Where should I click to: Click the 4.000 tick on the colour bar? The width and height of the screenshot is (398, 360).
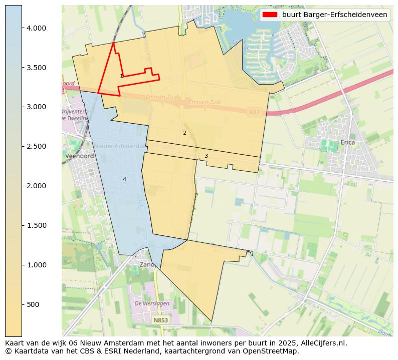coord(37,28)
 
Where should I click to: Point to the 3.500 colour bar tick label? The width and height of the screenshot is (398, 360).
coord(37,68)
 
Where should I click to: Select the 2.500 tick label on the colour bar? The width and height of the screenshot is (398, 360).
coord(37,146)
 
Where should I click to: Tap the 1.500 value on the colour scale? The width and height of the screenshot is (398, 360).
coord(37,225)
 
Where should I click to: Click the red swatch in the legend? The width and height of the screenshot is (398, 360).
coord(270,15)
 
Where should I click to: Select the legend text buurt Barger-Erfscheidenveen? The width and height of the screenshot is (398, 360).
coord(334,15)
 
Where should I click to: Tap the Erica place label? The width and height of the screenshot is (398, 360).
coord(347,143)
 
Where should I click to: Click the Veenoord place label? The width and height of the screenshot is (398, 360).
coord(79,156)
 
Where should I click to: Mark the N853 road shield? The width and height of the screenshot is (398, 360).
coord(161,320)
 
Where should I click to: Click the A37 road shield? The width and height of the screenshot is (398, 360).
coord(255,114)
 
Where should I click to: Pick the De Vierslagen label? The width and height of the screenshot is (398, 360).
coord(152,303)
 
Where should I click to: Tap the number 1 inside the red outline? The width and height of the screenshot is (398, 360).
coord(121,76)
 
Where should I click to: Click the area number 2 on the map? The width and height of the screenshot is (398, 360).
coord(184,133)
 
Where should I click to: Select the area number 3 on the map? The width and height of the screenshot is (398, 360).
coord(206,156)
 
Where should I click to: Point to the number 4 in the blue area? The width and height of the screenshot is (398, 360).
coord(124,179)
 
